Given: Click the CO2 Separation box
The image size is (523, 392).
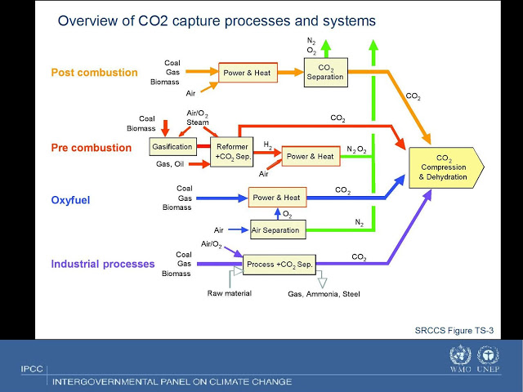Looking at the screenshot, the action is [x=326, y=73].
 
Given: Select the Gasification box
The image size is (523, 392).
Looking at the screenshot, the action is [x=172, y=147].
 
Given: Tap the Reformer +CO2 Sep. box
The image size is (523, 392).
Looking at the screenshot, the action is [x=232, y=152].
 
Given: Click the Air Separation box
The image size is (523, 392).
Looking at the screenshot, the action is [x=278, y=229].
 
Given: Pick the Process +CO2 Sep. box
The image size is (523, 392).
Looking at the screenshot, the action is [x=279, y=265].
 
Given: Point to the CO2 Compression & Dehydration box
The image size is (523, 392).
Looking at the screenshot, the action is [x=446, y=167].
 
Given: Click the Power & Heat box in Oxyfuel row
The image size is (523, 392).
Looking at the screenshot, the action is [x=277, y=198].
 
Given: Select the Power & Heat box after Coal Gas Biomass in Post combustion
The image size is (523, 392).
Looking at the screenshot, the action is [x=248, y=73].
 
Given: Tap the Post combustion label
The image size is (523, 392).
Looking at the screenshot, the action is [x=95, y=73].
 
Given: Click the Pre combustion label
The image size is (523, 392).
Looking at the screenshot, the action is [x=92, y=148].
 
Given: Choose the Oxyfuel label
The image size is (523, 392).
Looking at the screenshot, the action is [x=70, y=200].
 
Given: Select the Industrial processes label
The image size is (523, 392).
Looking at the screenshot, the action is [x=103, y=264].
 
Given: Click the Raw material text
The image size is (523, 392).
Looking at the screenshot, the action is [x=230, y=293].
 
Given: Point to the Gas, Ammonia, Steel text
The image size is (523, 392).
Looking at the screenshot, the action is [x=324, y=294].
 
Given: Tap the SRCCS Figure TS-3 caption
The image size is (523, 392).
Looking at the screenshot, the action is [x=454, y=330].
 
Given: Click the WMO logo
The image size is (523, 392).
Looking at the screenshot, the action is [x=460, y=359].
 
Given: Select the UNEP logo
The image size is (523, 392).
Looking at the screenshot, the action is [x=488, y=359].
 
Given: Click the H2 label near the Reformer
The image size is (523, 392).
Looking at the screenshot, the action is [x=268, y=145].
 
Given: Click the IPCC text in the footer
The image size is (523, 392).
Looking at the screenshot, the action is [x=32, y=369].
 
